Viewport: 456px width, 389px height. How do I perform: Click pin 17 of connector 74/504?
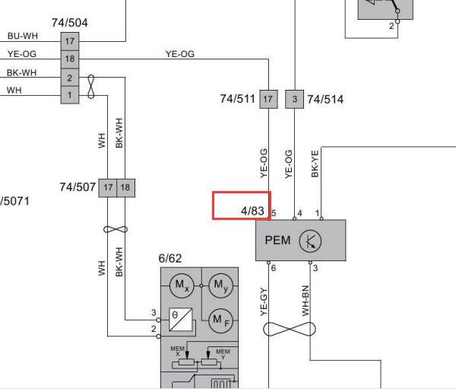pos(70,41)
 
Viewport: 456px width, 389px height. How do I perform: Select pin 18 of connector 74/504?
pos(70,59)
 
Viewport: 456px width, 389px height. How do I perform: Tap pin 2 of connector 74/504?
pos(70,78)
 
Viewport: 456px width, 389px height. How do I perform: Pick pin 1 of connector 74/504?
pos(70,95)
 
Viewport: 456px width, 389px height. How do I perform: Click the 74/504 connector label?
pos(70,23)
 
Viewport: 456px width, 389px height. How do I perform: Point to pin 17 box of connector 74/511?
pos(268,99)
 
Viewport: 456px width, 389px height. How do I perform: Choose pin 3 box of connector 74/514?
pos(295,99)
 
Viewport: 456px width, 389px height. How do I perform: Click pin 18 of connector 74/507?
pos(125,188)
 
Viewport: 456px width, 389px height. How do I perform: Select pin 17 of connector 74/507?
pos(108,188)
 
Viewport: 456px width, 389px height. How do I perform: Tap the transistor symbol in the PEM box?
pos(310,241)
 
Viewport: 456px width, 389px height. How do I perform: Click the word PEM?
pos(277,241)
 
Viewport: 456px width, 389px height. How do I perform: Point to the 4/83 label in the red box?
pos(252,211)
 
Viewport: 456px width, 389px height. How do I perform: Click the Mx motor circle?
pos(182,285)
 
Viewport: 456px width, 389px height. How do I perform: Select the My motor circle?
pos(220,285)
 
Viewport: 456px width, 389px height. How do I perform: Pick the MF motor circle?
pos(220,320)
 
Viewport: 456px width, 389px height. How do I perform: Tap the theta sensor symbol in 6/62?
pos(181,320)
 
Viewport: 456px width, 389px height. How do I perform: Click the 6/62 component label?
pos(170,259)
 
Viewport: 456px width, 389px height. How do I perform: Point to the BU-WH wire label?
pos(23,36)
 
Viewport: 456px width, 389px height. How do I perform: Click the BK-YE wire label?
pos(315,164)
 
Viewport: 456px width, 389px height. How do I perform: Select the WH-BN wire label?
pos(306,301)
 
